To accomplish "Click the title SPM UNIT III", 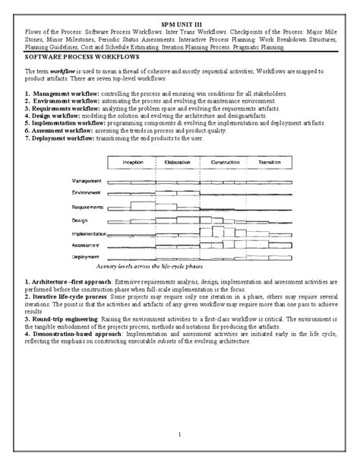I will [179, 26].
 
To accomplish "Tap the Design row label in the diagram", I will [81, 220].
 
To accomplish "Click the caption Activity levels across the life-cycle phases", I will [155, 268].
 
